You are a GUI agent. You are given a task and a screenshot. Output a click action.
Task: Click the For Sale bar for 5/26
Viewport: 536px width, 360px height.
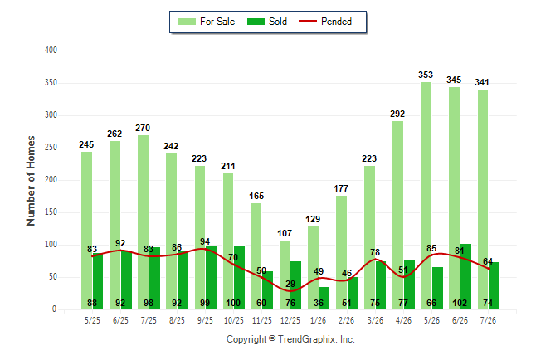point(426,196)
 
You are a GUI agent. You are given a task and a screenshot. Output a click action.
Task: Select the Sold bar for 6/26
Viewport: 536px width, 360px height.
point(465,276)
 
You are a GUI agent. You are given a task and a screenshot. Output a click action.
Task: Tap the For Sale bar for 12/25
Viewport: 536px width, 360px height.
point(285,275)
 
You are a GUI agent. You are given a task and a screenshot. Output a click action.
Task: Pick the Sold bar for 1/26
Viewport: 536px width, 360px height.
point(324,298)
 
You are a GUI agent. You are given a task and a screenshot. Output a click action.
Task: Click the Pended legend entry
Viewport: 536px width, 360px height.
point(325,22)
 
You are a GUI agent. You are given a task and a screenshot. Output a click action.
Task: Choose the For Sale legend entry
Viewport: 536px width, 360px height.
point(207,22)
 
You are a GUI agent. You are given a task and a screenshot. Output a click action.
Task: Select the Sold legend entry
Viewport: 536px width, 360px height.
point(267,22)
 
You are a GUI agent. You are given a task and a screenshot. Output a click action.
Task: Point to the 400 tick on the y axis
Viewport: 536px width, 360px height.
point(51,51)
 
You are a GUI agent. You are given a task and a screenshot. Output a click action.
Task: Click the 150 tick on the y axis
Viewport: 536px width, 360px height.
point(51,212)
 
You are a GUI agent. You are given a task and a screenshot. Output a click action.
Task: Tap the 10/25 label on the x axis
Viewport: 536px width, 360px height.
point(233,320)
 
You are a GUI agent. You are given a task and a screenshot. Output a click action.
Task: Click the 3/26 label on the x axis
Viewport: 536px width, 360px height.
point(375,320)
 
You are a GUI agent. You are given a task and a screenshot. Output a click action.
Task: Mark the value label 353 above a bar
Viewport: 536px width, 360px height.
point(426,75)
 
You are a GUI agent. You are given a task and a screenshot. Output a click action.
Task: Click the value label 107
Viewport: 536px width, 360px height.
point(285,234)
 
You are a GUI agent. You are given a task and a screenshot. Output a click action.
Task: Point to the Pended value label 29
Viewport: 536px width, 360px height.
point(290,285)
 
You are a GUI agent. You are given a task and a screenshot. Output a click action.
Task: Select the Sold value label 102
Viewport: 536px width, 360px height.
point(460,303)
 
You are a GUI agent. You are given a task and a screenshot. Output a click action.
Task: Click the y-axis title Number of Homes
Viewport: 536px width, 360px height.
point(31,181)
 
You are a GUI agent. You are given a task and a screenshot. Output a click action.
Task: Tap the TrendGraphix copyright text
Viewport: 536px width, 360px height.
point(290,339)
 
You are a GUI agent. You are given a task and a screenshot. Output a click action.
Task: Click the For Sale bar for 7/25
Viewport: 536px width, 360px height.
point(144,222)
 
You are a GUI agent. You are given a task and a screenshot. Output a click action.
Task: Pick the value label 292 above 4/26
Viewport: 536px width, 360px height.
point(397,114)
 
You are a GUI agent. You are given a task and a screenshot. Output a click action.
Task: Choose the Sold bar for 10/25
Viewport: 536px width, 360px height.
point(239,278)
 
